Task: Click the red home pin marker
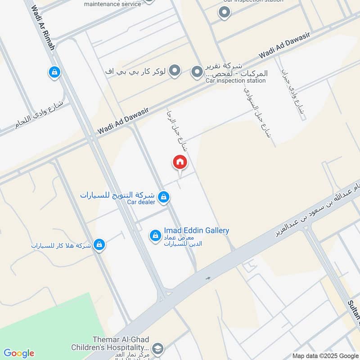tap(180, 162)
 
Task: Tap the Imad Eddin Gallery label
tap(196, 230)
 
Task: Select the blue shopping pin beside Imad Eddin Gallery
tap(155, 235)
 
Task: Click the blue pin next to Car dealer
tap(164, 197)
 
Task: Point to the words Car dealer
tap(141, 202)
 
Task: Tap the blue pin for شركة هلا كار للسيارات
tap(99, 245)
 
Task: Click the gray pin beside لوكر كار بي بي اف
tap(175, 71)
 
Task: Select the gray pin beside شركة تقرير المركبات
tap(197, 72)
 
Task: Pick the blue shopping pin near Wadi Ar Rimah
tap(54, 72)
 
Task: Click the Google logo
tap(18, 353)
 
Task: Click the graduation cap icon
tap(157, 348)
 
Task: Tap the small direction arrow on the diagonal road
tap(208, 278)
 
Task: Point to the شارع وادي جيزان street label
tap(293, 94)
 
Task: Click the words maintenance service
tap(112, 4)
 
